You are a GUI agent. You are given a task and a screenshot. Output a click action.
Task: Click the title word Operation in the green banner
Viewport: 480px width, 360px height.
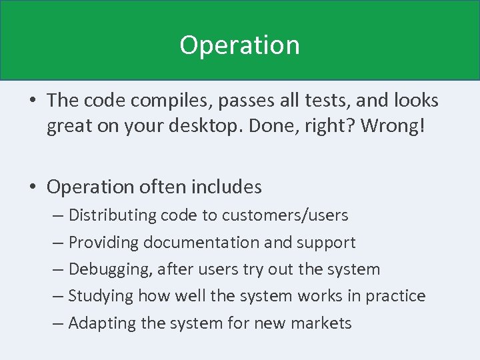pyautogui.click(x=239, y=46)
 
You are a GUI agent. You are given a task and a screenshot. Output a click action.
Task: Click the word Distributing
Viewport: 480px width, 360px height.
pyautogui.click(x=109, y=216)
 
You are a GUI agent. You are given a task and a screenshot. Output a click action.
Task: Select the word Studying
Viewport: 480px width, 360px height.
pyautogui.click(x=98, y=296)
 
